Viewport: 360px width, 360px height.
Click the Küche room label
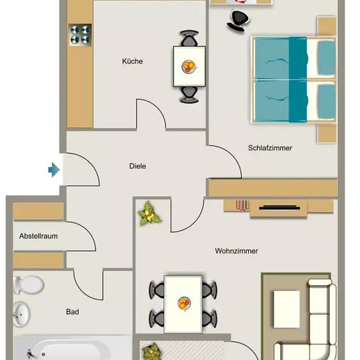point(132,62)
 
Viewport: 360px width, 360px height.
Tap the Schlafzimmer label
point(270,148)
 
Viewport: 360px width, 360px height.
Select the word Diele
point(137,166)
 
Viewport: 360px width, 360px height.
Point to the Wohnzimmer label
point(236,251)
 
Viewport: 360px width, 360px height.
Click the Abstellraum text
point(39,236)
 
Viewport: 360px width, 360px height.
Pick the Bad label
point(73,312)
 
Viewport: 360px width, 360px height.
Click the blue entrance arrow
point(54,170)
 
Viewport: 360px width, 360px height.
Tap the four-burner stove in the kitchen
point(80,35)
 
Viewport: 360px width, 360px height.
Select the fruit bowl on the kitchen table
point(189,67)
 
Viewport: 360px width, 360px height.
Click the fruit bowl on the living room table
point(184,304)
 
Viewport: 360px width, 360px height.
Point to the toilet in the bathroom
point(28,285)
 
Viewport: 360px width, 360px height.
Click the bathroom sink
point(21,314)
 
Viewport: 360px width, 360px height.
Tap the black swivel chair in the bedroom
point(238,21)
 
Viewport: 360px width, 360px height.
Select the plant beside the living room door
point(149,213)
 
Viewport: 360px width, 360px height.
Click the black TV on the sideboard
point(279,207)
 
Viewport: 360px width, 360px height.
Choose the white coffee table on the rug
point(287,309)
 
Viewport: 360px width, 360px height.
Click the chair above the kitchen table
point(189,38)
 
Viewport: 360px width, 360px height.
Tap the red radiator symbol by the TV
point(242,205)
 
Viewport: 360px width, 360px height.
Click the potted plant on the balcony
point(152,352)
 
